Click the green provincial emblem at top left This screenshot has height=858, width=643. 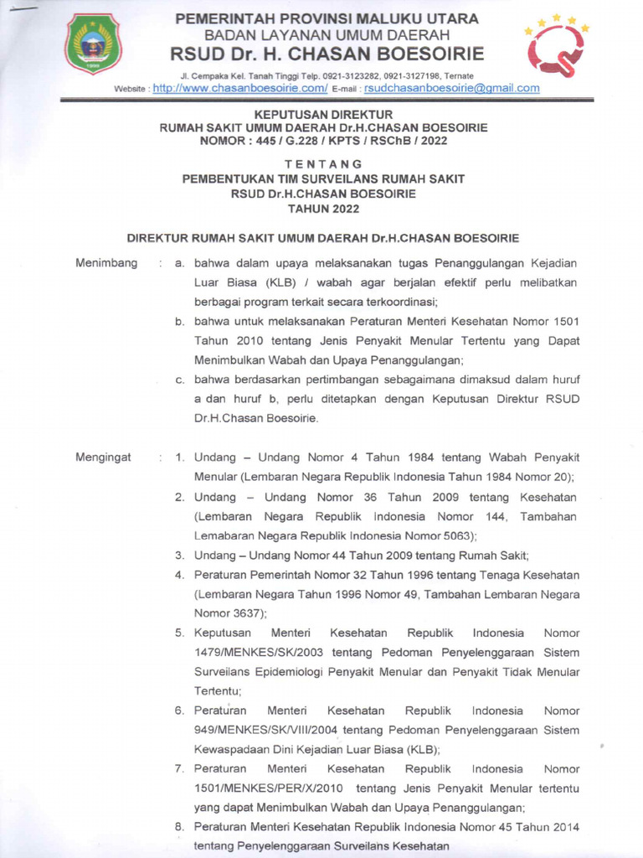(94, 44)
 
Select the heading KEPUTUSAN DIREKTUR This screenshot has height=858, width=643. (323, 114)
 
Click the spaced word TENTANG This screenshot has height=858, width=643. (323, 163)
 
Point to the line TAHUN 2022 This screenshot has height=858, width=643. (323, 208)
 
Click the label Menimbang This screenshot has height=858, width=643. (106, 263)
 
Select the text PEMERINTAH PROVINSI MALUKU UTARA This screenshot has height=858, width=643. (327, 18)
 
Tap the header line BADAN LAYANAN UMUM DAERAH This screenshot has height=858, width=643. (327, 35)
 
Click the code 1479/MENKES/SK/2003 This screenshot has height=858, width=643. (259, 653)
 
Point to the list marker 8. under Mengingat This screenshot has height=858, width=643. (180, 827)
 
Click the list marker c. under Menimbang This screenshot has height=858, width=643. (180, 380)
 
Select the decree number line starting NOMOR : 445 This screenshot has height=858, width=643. (323, 141)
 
